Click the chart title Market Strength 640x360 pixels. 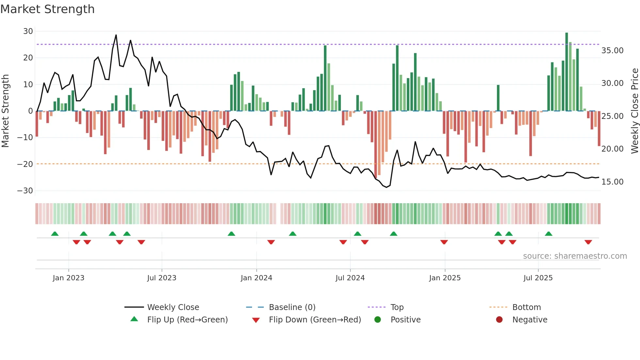click(x=47, y=9)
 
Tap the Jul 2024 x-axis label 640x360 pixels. click(x=350, y=278)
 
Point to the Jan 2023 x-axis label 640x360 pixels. click(x=69, y=278)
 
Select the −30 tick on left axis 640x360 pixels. click(x=25, y=191)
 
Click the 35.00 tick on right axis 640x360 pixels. click(x=612, y=51)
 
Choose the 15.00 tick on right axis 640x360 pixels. click(x=612, y=182)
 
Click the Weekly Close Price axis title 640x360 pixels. click(x=634, y=111)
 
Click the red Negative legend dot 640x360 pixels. click(x=499, y=320)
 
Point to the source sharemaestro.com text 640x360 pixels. click(x=575, y=256)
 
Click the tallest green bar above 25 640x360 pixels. click(x=567, y=72)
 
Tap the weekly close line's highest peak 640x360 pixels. click(x=116, y=35)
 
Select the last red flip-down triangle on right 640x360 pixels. click(x=588, y=242)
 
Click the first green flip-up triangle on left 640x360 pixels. click(x=55, y=234)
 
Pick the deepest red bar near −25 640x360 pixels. click(x=376, y=144)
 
